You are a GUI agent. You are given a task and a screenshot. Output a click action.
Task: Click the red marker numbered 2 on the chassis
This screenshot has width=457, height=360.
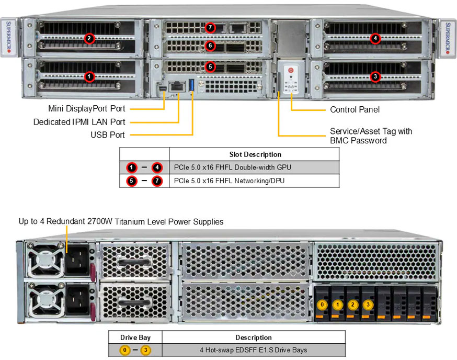tap(89, 38)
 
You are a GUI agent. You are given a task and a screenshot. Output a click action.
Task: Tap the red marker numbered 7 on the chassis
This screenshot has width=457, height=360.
tap(210, 27)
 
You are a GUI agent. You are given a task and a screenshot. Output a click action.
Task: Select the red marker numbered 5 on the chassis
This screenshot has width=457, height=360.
tap(210, 66)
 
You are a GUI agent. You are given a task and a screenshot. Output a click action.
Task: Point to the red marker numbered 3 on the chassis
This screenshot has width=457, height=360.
tap(375, 76)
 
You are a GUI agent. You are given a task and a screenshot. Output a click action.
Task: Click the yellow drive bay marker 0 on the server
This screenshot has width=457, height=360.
tap(324, 305)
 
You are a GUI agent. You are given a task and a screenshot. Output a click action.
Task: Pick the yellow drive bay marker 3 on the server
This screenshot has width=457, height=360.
tap(368, 305)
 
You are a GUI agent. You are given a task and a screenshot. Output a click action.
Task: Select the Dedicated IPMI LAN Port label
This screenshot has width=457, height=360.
tap(79, 122)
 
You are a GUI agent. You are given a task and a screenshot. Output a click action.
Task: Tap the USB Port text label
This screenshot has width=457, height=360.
tap(108, 135)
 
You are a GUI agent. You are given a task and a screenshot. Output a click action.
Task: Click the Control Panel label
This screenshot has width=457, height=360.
tap(355, 110)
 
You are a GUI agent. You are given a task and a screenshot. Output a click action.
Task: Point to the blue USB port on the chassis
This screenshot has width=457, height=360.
tap(192, 85)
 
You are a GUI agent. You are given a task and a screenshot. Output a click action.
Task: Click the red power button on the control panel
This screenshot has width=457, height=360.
tap(291, 70)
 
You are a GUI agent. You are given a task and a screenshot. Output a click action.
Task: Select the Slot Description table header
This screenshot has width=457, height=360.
tap(255, 154)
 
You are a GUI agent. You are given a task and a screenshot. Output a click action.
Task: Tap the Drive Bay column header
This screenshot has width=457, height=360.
tap(135, 337)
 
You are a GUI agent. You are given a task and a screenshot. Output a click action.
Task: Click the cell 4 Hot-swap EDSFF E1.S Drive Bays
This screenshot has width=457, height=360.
tap(254, 350)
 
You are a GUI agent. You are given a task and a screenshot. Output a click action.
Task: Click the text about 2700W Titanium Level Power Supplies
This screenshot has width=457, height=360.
tap(121, 222)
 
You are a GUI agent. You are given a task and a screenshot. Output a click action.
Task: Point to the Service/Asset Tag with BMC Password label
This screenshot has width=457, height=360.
tap(371, 136)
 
